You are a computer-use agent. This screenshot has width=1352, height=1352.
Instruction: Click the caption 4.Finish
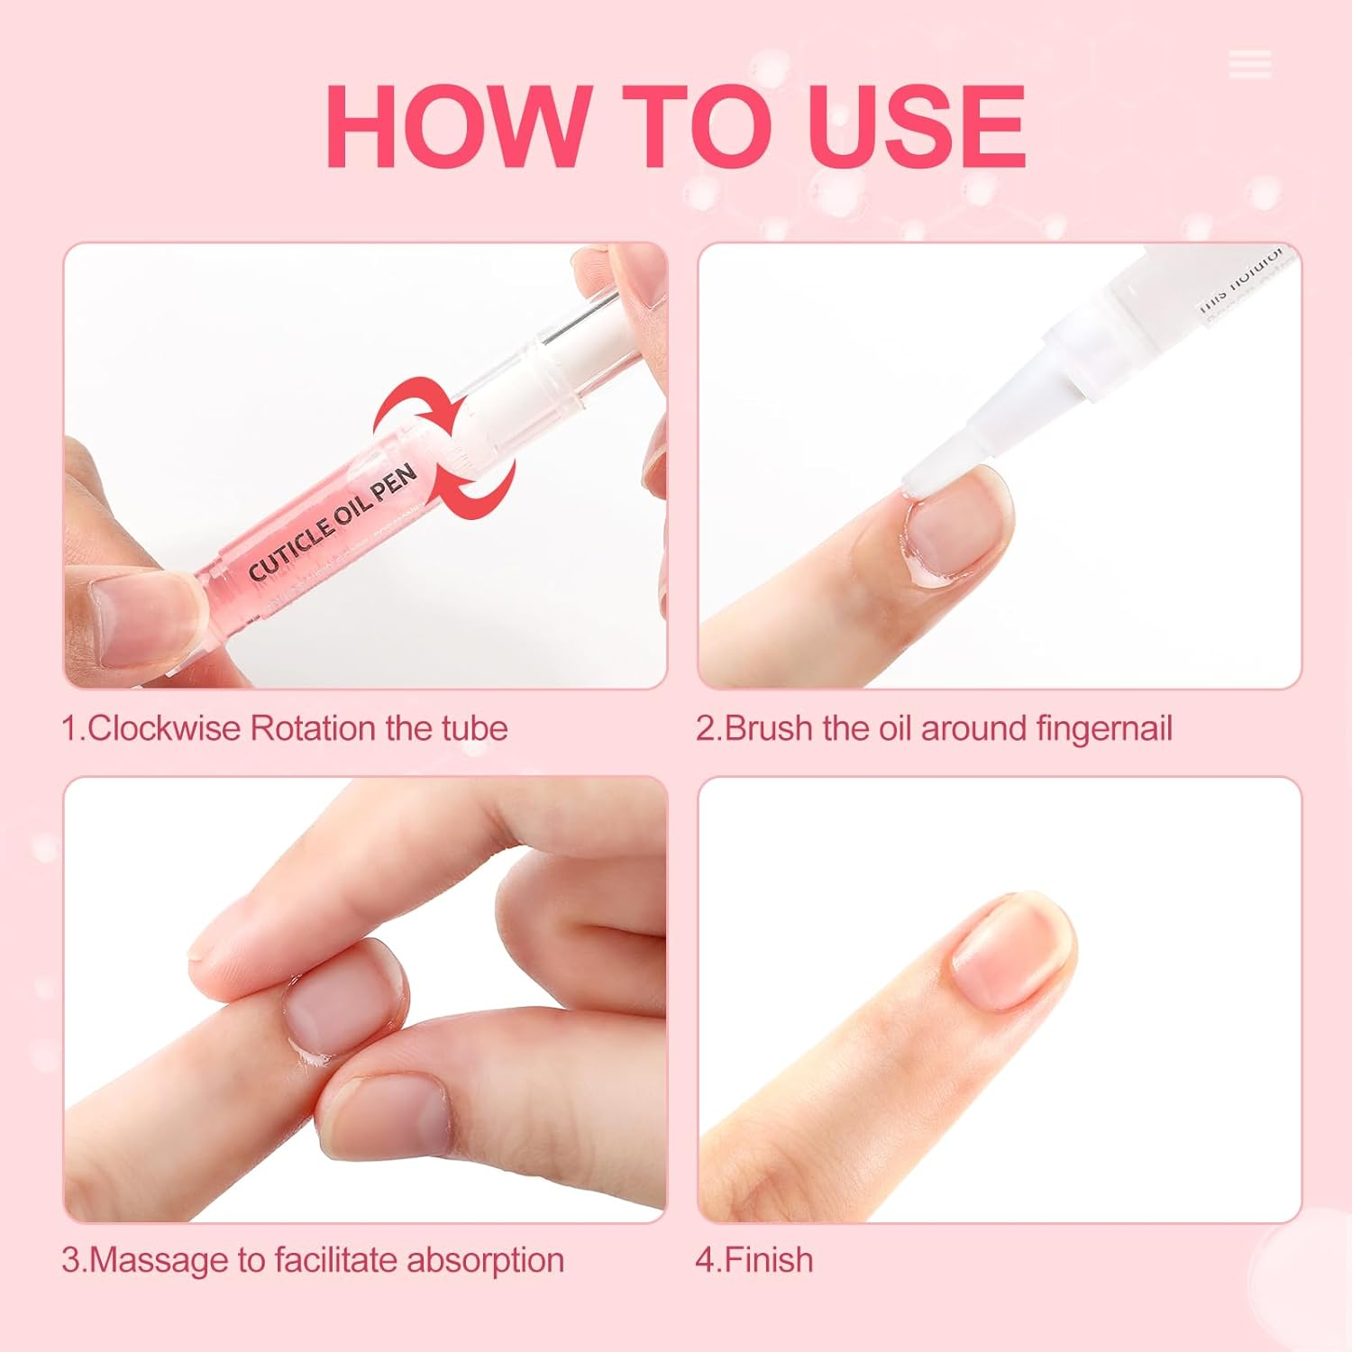(754, 1259)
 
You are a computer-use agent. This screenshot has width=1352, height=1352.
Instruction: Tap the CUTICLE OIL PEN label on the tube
(333, 523)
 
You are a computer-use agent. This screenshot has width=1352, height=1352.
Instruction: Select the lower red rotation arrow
(478, 488)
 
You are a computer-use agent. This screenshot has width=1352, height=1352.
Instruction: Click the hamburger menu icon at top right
(1249, 65)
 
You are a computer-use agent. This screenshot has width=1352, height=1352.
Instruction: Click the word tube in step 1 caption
(474, 727)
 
